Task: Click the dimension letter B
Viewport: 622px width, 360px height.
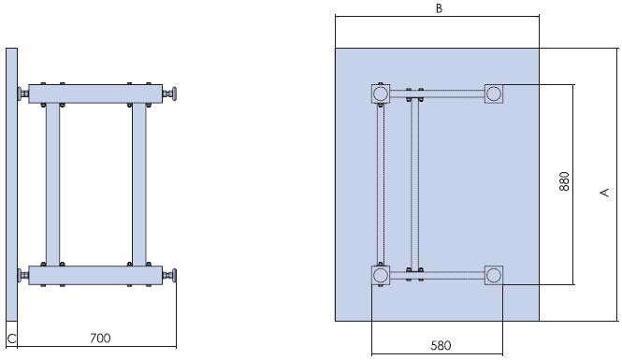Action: click(439, 8)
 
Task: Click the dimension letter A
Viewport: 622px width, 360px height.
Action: click(604, 193)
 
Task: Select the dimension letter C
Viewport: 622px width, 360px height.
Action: click(11, 339)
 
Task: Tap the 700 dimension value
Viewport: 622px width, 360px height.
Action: click(100, 338)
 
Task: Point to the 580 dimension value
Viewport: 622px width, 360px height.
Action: click(441, 345)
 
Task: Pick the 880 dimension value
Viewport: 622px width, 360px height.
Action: click(564, 181)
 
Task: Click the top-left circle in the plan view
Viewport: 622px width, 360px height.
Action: click(380, 94)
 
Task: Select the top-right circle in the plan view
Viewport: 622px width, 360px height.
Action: click(494, 94)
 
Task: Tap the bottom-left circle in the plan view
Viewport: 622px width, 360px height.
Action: click(380, 275)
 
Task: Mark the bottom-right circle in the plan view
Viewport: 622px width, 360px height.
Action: click(494, 275)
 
